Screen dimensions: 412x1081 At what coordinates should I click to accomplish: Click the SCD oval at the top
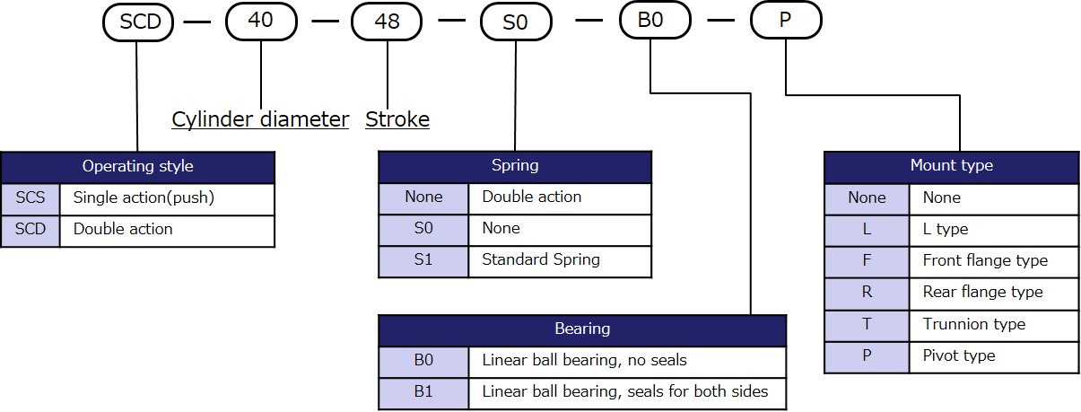point(138,22)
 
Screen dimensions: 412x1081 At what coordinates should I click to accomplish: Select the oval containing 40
point(260,21)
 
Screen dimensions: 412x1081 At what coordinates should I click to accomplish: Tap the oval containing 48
point(387,21)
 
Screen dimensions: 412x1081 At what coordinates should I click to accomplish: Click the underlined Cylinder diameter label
point(260,119)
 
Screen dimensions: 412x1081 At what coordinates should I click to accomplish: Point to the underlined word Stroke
point(397,119)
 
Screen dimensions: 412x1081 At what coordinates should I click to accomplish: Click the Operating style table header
point(137,166)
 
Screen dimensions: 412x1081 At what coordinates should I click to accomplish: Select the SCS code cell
point(31,197)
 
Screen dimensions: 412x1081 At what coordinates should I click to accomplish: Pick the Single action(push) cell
point(167,197)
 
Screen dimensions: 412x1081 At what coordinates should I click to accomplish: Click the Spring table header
point(515,165)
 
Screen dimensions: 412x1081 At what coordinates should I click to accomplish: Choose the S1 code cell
point(423,260)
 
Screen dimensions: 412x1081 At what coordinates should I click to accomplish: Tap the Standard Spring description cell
point(560,260)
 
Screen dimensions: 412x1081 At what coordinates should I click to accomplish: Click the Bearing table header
point(582,329)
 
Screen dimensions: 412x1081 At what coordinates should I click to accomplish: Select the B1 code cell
point(423,391)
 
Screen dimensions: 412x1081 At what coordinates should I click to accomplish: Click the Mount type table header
point(951,165)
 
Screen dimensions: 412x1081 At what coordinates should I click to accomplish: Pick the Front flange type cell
point(993,261)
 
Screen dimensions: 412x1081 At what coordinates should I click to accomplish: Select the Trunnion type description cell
point(993,324)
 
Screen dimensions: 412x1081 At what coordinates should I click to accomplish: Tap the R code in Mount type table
point(867,293)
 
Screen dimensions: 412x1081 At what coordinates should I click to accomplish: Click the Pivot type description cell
point(993,355)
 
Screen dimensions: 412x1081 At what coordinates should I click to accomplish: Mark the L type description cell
point(993,229)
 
